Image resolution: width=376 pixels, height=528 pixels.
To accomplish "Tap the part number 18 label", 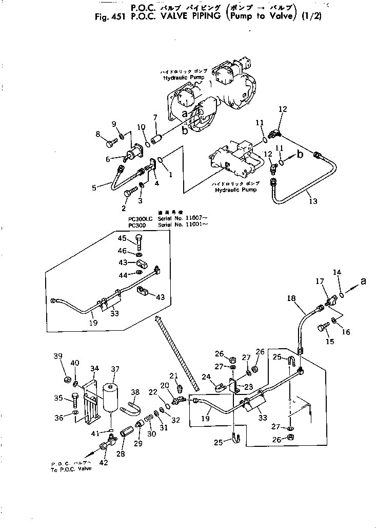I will [x=291, y=297].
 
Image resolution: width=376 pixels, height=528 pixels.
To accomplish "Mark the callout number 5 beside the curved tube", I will [x=94, y=188].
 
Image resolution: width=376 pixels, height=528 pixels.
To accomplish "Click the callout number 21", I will [x=173, y=375].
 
